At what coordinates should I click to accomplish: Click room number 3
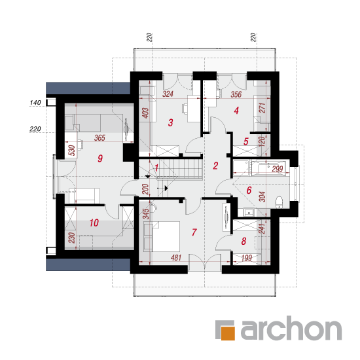click(x=170, y=122)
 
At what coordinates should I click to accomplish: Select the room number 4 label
click(x=236, y=111)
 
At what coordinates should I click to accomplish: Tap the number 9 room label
click(x=100, y=158)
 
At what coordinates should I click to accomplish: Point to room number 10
click(x=94, y=223)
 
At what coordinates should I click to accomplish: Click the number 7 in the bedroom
click(x=194, y=232)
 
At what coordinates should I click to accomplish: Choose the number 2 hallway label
click(x=215, y=166)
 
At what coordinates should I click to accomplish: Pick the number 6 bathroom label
click(x=249, y=190)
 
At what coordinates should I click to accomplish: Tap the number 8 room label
click(x=243, y=241)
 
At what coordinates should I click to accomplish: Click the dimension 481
click(x=176, y=258)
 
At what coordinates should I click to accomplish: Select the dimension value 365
click(x=99, y=137)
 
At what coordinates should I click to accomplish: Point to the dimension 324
click(x=168, y=94)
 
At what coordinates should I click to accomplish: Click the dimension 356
click(x=236, y=94)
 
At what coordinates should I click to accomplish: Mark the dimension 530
click(x=72, y=151)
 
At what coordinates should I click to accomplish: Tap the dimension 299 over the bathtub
click(x=278, y=170)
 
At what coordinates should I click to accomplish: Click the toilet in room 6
click(x=279, y=202)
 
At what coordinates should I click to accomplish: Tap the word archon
click(x=291, y=328)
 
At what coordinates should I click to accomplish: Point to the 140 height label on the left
click(x=35, y=102)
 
